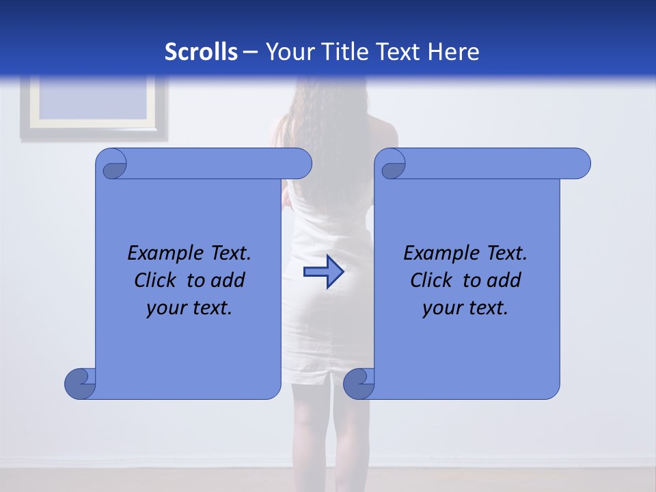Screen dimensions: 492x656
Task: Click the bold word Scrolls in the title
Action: coord(202,52)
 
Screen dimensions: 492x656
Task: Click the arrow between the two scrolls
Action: coord(323,272)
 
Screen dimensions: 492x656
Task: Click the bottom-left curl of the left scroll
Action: coord(80,383)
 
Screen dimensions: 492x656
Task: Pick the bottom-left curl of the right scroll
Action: coord(359,383)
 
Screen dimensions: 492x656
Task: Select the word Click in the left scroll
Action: coord(154,280)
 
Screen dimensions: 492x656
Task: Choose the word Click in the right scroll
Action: coord(430,280)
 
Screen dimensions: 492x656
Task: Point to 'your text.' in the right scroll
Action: coord(465,308)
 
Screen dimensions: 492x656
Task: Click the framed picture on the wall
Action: coord(94,107)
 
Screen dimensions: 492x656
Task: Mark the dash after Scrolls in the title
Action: coord(250,52)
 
